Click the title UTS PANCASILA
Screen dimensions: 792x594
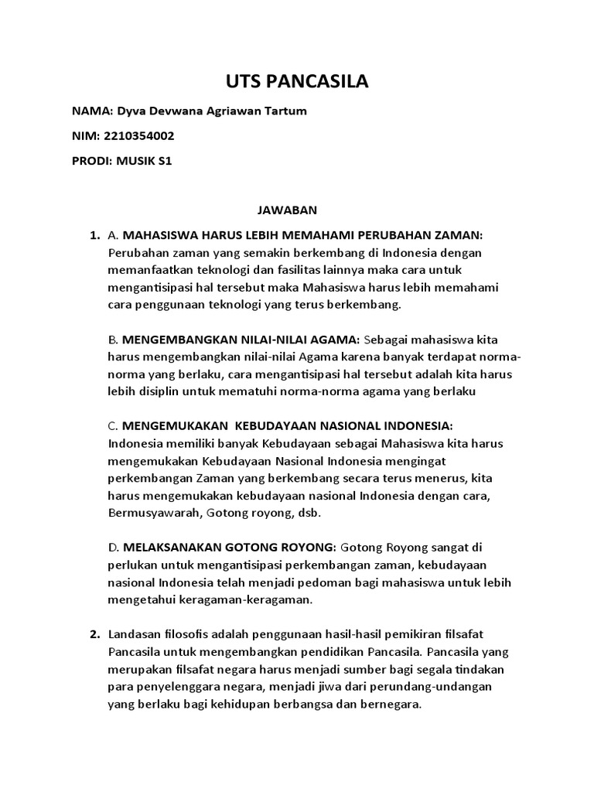[x=296, y=81]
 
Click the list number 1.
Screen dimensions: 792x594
[x=94, y=234]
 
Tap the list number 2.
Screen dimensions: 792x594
[x=94, y=635]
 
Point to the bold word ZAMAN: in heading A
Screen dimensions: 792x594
[x=458, y=234]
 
